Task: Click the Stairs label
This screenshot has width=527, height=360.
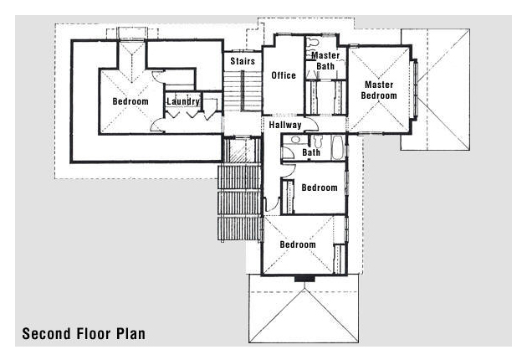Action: pyautogui.click(x=243, y=61)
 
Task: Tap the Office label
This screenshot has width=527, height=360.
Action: pyautogui.click(x=284, y=75)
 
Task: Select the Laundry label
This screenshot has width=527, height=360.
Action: pyautogui.click(x=183, y=101)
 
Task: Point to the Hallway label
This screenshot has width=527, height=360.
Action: pyautogui.click(x=285, y=125)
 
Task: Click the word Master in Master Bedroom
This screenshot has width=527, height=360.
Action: pyautogui.click(x=379, y=85)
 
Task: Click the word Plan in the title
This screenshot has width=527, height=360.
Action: pyautogui.click(x=131, y=334)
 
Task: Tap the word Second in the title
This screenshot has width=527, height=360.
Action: pyautogui.click(x=46, y=334)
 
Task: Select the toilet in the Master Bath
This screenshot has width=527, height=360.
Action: pyautogui.click(x=313, y=43)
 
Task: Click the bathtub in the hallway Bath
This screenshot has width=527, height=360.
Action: pyautogui.click(x=337, y=147)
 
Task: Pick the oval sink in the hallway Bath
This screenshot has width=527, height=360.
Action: pyautogui.click(x=295, y=139)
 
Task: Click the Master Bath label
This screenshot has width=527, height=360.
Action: pyautogui.click(x=325, y=60)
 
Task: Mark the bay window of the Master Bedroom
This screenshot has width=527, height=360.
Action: pyautogui.click(x=414, y=90)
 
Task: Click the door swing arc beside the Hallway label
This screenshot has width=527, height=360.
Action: pyautogui.click(x=313, y=125)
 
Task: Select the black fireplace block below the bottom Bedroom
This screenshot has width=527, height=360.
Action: pyautogui.click(x=304, y=279)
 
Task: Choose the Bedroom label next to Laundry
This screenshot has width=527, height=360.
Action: pyautogui.click(x=130, y=101)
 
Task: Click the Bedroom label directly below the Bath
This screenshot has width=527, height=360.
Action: pyautogui.click(x=320, y=188)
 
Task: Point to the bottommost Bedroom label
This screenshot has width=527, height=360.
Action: pyautogui.click(x=298, y=244)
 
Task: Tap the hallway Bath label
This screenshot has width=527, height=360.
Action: pyautogui.click(x=311, y=152)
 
